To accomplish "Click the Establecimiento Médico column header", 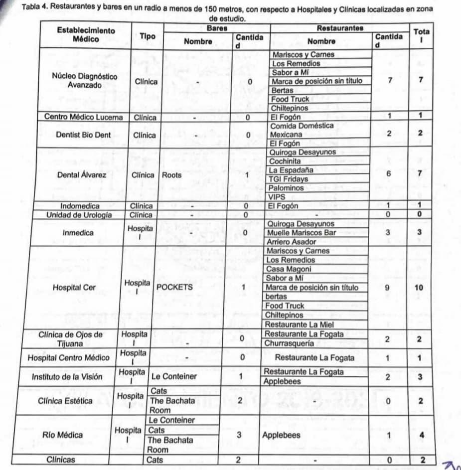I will (x=86, y=34).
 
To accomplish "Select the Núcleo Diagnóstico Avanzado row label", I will (x=85, y=81).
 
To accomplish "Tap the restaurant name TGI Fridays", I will (x=288, y=179).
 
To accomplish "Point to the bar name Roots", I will (x=172, y=175).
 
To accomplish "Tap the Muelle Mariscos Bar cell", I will (x=302, y=233).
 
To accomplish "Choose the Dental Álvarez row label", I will (x=82, y=175).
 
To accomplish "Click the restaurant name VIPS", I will (x=277, y=197).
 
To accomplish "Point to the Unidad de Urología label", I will (x=79, y=215).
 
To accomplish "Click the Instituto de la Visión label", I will (x=67, y=377).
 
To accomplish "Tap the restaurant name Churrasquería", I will (x=289, y=343).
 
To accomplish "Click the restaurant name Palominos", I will (x=286, y=188).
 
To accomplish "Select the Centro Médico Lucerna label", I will (x=83, y=117).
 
